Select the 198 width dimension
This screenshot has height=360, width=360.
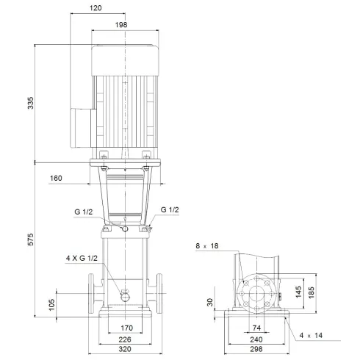[x=121, y=25]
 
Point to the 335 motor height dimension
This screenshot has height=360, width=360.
[x=30, y=103]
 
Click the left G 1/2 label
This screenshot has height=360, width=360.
[x=83, y=212]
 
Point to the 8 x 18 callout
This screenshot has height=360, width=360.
[x=208, y=246]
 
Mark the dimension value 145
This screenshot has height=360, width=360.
[x=298, y=292]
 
